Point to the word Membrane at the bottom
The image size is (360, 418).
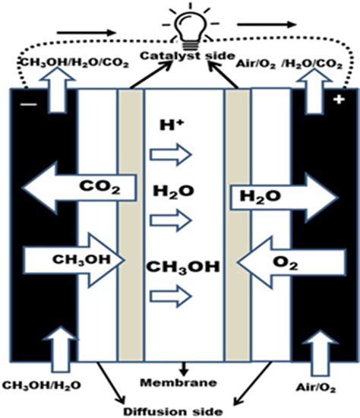point(181,381)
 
